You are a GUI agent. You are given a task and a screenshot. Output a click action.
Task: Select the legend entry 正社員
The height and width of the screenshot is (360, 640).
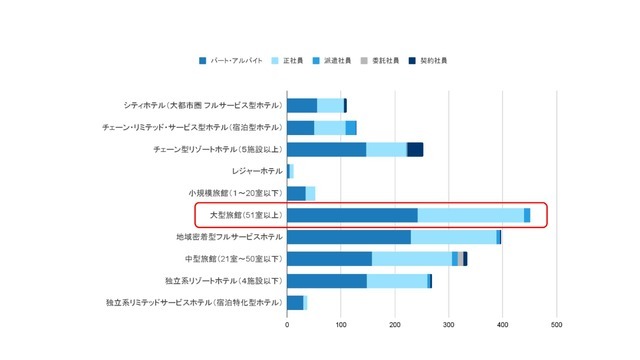294,61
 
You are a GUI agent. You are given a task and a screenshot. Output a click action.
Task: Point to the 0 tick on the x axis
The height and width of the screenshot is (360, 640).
287,324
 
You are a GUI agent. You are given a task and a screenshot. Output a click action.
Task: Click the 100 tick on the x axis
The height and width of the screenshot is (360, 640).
341,324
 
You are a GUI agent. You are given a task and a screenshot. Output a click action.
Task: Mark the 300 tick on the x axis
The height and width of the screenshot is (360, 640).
449,324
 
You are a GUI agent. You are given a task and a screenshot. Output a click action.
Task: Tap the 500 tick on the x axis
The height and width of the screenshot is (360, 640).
557,324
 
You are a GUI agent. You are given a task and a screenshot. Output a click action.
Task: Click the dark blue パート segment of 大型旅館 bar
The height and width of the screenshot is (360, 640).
352,215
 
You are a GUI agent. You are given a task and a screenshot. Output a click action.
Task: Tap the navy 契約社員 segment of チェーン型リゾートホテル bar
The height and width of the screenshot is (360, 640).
415,149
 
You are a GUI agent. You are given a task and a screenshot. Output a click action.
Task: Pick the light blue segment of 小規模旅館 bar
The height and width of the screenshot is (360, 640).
310,193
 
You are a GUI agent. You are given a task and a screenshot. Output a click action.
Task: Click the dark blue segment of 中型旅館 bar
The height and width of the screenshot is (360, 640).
329,259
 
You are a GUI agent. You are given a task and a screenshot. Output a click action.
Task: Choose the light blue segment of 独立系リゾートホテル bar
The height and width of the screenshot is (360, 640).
397,281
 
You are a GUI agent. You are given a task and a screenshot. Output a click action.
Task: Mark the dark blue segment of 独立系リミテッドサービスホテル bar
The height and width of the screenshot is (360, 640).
295,302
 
